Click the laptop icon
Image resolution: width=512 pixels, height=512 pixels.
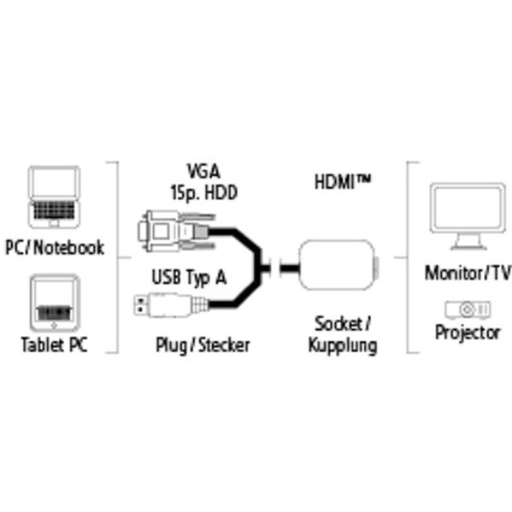click(54, 197)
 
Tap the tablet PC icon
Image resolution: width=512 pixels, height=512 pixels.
click(55, 303)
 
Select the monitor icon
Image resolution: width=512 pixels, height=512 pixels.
click(468, 216)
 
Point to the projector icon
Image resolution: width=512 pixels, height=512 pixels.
click(468, 310)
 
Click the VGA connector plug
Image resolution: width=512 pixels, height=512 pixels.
click(177, 231)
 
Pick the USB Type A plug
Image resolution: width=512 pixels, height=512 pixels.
click(171, 305)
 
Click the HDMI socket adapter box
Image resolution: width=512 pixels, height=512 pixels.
click(338, 265)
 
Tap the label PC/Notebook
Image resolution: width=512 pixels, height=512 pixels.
click(55, 247)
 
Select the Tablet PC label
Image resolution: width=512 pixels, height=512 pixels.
click(55, 345)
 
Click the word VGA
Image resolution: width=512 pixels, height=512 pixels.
click(203, 171)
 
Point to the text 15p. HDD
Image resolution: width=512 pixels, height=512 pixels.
click(204, 192)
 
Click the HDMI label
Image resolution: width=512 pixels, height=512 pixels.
click(342, 182)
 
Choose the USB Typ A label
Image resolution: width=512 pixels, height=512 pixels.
click(189, 277)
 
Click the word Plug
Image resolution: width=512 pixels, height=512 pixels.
click(172, 346)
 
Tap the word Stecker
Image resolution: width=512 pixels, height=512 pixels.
click(224, 345)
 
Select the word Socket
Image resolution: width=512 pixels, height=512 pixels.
click(338, 324)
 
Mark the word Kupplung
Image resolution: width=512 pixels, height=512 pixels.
click(343, 346)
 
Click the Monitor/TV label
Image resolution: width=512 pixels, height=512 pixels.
click(468, 273)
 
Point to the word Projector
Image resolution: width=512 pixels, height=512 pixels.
click(468, 333)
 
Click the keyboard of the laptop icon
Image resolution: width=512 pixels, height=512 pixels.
click(54, 210)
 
